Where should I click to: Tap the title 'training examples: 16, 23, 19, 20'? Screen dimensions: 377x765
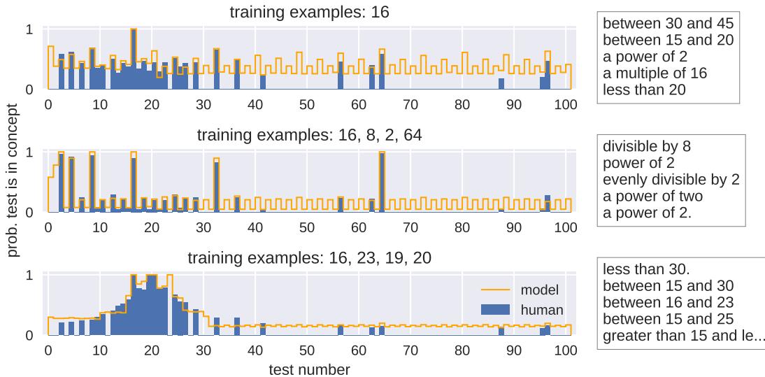[x=309, y=257]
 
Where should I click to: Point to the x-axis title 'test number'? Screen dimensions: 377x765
[x=309, y=368]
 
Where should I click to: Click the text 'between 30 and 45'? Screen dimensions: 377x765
[x=668, y=23]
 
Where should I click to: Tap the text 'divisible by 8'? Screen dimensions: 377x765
[x=647, y=147]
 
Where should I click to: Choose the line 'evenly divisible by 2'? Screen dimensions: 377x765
[x=671, y=180]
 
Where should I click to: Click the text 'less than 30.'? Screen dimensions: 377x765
[x=646, y=269]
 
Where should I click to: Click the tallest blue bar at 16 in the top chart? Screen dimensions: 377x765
[x=134, y=59]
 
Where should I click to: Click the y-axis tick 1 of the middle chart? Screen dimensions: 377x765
[x=29, y=152]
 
